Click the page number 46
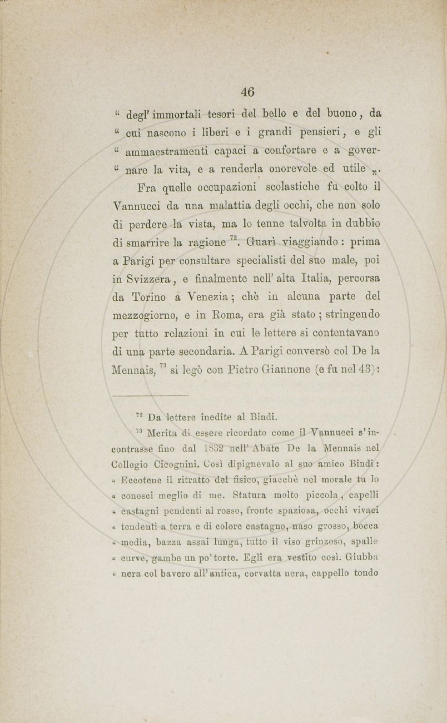(247, 92)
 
